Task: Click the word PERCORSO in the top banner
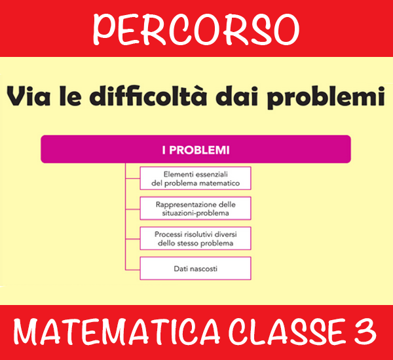(x=196, y=29)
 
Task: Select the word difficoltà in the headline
(x=149, y=96)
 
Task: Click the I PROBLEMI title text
(x=196, y=150)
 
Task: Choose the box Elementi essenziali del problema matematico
(x=195, y=178)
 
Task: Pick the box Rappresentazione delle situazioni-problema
(x=195, y=208)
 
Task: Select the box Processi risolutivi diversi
(x=195, y=238)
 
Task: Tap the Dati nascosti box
(x=195, y=268)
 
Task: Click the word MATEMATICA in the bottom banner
(x=117, y=332)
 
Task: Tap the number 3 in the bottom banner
(x=365, y=332)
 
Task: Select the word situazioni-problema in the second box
(x=195, y=213)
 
